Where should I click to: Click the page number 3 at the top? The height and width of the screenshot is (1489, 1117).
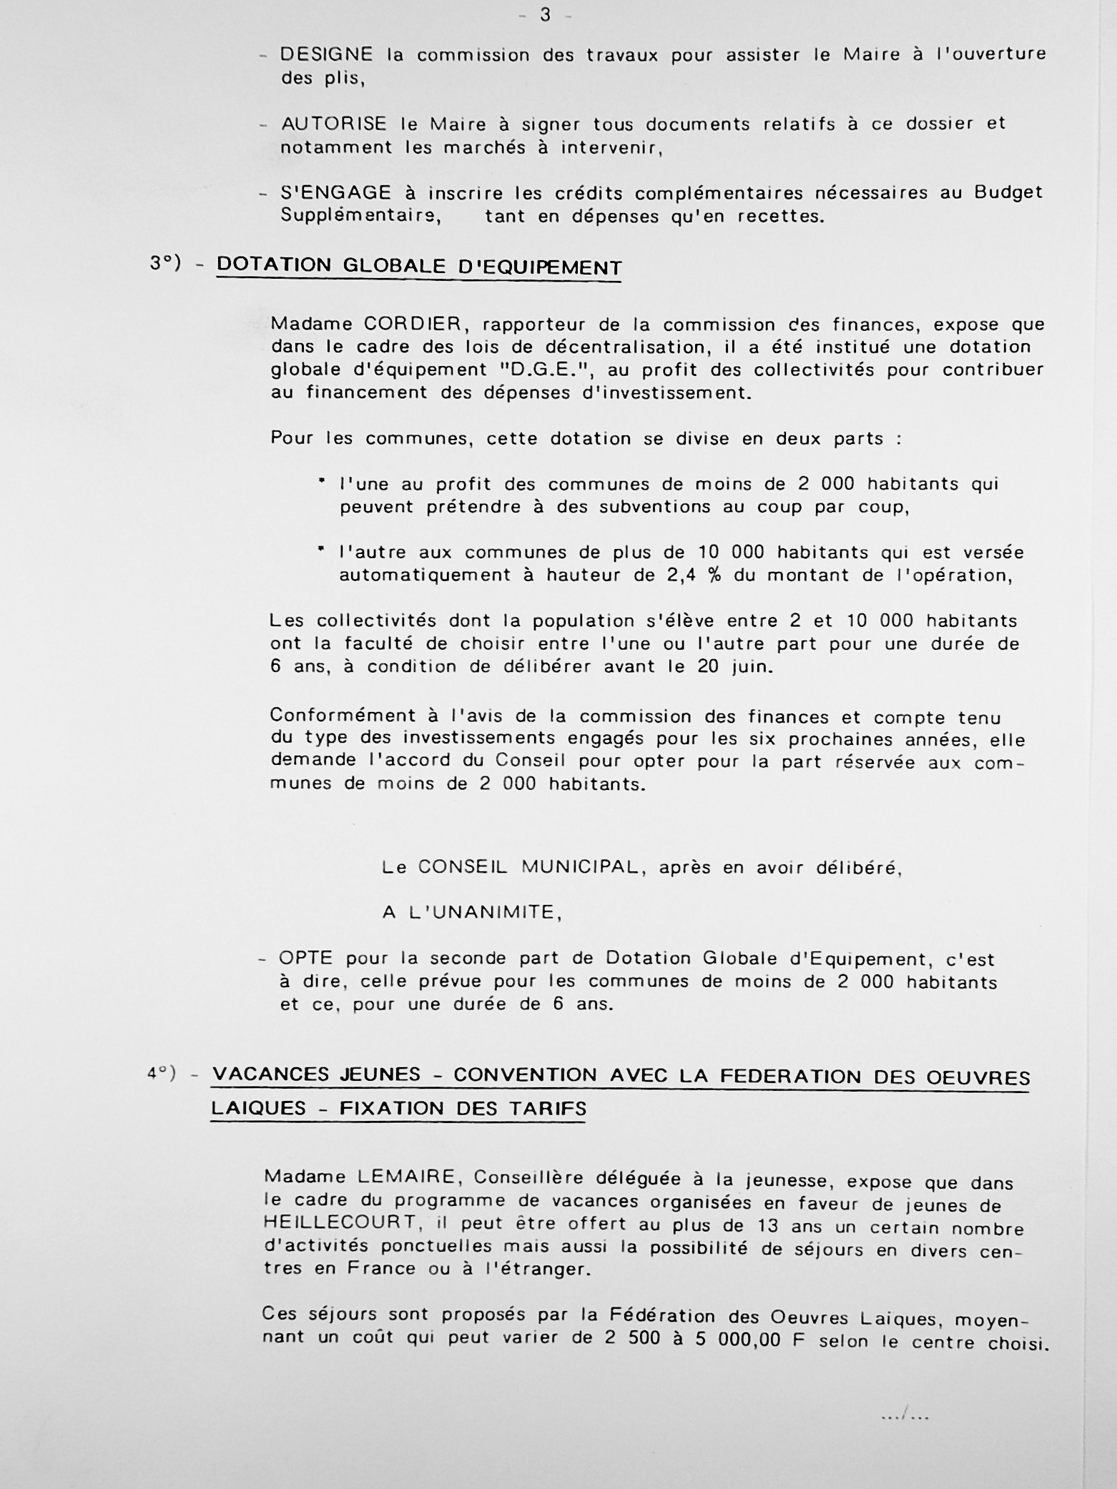coord(545,15)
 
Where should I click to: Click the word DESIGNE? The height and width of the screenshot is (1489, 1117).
coord(326,54)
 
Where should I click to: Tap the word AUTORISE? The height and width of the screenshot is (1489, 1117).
coord(333,124)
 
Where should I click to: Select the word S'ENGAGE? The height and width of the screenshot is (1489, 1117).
coord(335,193)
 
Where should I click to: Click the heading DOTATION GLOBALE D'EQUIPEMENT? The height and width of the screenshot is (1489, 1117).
coord(419,266)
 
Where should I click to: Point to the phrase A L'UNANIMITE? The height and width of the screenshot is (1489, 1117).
coord(472,913)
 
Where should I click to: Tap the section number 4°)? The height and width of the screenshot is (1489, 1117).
coord(162,1074)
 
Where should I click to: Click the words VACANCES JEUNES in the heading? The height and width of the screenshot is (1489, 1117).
coord(317,1074)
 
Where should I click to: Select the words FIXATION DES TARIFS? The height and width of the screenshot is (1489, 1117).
coord(463,1109)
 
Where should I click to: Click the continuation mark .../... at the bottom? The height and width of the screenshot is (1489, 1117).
coord(905,1415)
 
